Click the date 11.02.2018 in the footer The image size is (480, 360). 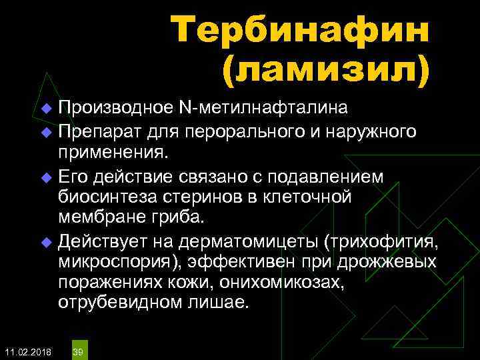pos(27,351)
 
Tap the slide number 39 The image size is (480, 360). pos(77,351)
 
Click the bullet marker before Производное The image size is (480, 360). pos(46,108)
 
